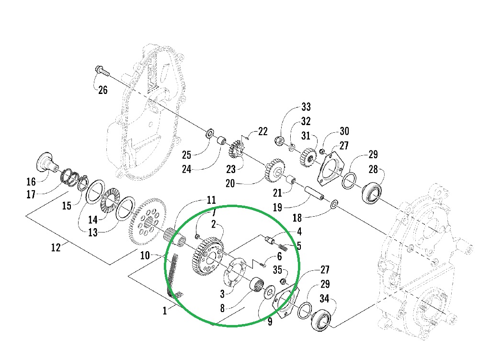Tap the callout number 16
(x=31, y=182)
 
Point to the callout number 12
(x=56, y=248)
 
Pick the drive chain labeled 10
(x=172, y=275)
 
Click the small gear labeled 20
(x=274, y=170)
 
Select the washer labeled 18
(x=334, y=206)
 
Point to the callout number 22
(x=263, y=131)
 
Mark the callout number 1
(x=165, y=311)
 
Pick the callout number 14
(x=92, y=219)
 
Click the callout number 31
(x=306, y=136)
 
